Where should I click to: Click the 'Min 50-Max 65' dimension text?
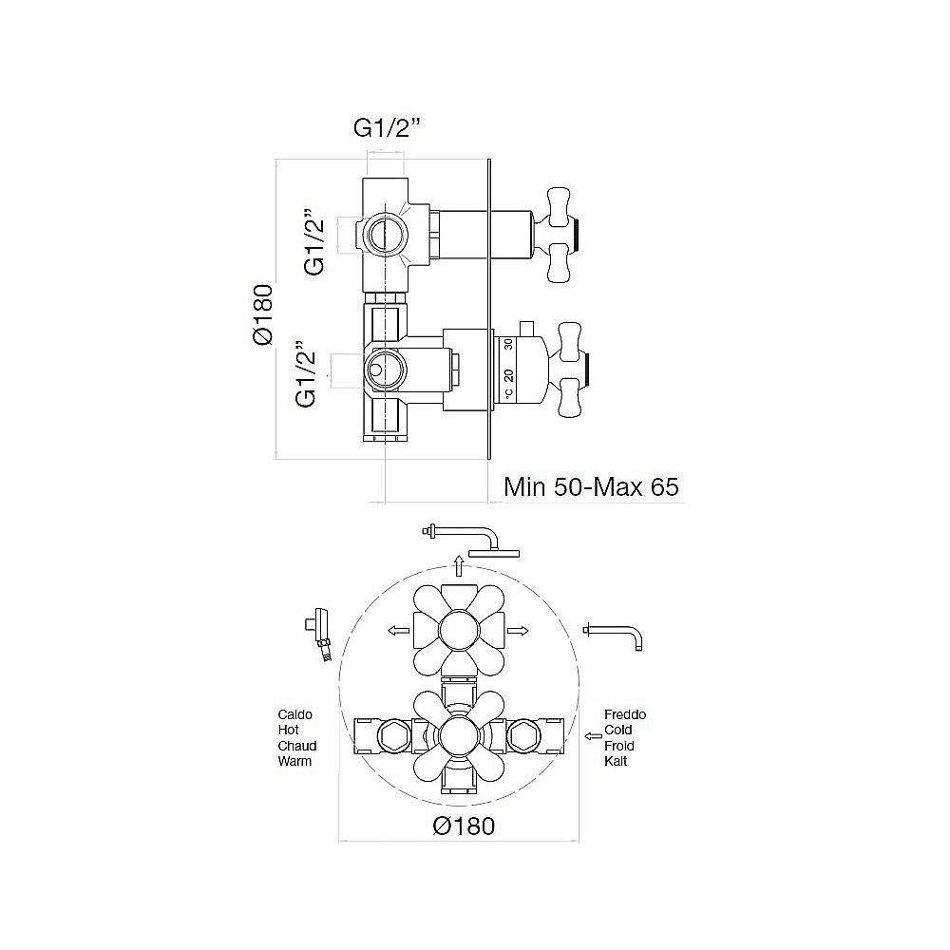coord(591,486)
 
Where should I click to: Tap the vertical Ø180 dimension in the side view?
coord(263,315)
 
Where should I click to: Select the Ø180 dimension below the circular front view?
coord(465,826)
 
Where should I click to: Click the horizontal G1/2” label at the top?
coord(386,128)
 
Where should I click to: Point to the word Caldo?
coord(295,715)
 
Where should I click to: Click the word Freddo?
coord(625,715)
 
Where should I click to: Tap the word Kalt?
coord(616,762)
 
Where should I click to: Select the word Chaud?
coord(297,746)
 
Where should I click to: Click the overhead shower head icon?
coord(471,540)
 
